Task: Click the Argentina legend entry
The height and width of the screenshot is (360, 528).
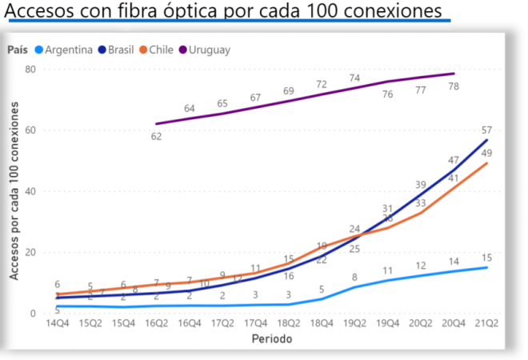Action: pos(69,50)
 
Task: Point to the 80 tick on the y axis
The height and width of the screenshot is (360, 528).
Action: pos(31,69)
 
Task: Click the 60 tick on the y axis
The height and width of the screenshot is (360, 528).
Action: pos(31,130)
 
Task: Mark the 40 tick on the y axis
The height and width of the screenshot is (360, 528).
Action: pos(31,191)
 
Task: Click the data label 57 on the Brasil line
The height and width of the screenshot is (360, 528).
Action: pos(486,130)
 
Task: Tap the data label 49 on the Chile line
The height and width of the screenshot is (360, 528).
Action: pos(486,153)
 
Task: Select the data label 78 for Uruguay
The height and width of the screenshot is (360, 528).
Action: pos(454,86)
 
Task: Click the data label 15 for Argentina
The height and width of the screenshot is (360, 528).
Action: pos(486,257)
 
